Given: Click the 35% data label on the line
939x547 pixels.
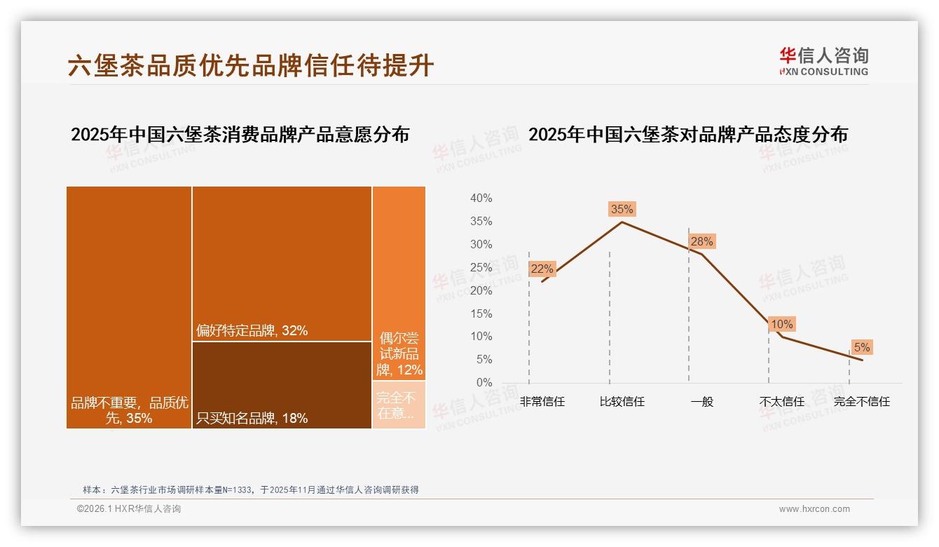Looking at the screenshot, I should pos(622,209).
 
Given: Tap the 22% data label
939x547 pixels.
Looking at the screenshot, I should pos(542,269).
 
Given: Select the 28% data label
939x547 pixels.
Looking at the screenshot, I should pos(701,242).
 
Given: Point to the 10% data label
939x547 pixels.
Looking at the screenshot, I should pos(781,325).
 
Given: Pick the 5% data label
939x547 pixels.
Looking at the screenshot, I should pos(861,348).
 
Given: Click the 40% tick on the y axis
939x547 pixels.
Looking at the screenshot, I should pos(481,198).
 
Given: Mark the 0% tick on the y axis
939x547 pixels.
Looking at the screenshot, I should pos(484,383).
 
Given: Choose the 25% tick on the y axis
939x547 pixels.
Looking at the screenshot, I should pos(481,267).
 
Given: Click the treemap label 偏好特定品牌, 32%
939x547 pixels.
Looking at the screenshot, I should pos(252,331).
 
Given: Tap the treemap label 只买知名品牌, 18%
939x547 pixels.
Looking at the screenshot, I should pos(252,419).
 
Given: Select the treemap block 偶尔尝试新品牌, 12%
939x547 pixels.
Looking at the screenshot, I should pos(399,283).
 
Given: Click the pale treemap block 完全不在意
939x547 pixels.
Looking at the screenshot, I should pos(399,405).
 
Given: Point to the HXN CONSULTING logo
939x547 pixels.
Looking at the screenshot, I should pos(823,62).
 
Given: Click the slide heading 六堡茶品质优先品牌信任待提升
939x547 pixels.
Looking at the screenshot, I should pos(251,66).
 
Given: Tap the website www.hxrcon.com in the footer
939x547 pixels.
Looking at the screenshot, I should pos(814,509).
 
